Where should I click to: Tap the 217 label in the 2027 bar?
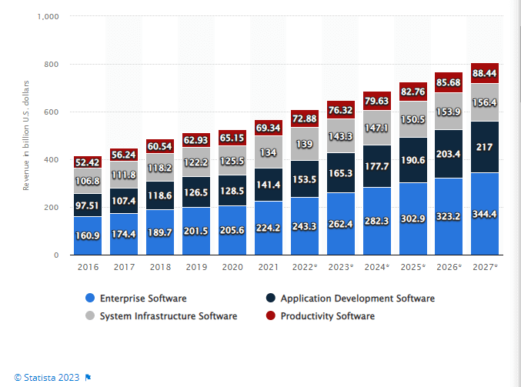485,146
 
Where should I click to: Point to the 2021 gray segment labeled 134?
268,152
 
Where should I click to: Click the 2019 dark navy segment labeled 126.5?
195,192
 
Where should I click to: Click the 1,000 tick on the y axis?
47,16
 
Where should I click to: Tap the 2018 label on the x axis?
159,267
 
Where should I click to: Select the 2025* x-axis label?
412,267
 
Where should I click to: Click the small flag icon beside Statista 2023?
88,377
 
